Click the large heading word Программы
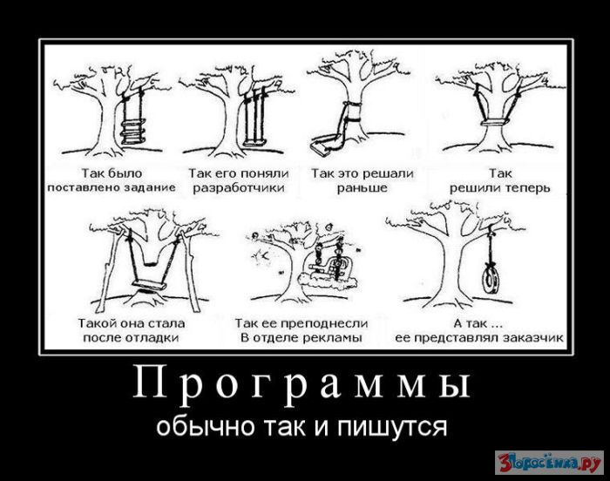302,383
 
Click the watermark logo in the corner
549,462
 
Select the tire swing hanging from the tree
490,278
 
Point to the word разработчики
240,188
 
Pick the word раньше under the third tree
362,188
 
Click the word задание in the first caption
150,188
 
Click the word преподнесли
323,323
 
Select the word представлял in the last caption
457,338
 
